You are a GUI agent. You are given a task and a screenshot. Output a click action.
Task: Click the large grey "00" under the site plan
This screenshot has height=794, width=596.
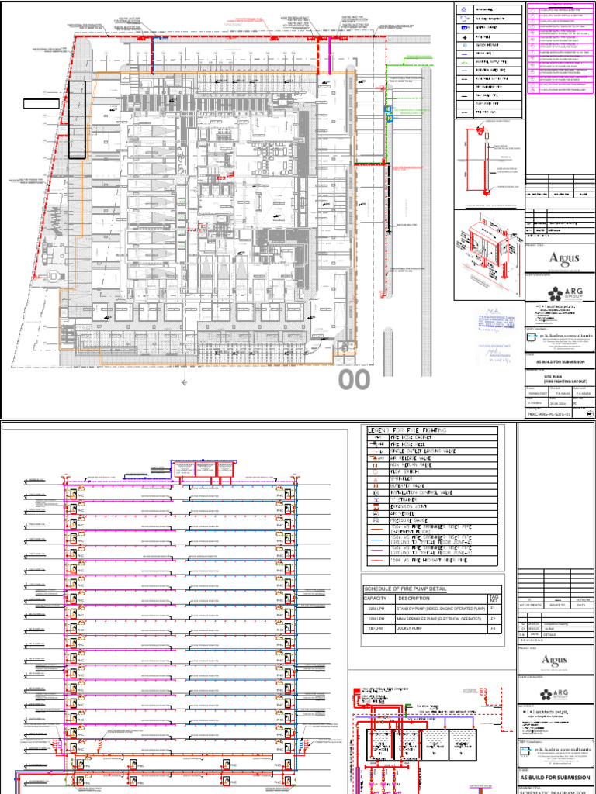(x=355, y=380)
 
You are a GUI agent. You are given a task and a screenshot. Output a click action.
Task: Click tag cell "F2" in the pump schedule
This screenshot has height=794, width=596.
(x=494, y=620)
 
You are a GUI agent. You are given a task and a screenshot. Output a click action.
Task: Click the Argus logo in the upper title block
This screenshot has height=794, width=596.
(x=563, y=259)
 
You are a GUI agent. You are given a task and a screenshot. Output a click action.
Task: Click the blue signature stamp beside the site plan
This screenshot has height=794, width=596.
(x=489, y=319)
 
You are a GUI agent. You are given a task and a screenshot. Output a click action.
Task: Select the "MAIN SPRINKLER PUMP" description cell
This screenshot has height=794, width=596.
(x=438, y=620)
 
